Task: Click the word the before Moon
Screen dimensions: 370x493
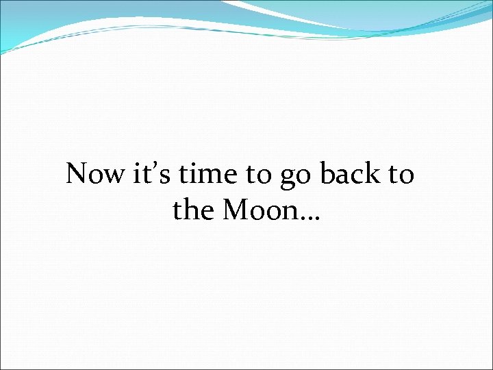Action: [194, 210]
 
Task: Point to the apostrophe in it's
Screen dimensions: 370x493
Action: [156, 166]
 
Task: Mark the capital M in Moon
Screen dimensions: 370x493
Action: [233, 210]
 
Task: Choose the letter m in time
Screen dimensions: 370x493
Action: [215, 177]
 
